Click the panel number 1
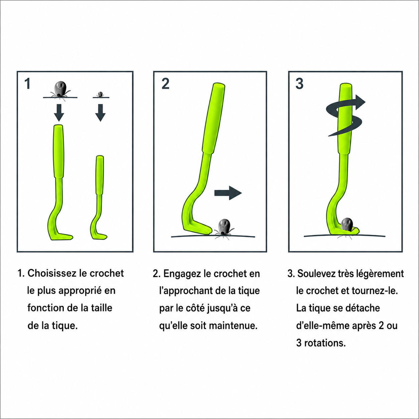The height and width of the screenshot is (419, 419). tap(27, 84)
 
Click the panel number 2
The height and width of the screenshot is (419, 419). tap(165, 84)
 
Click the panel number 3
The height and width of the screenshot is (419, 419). tap(299, 84)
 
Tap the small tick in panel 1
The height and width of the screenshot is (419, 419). tap(100, 95)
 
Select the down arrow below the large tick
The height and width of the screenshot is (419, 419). tap(59, 113)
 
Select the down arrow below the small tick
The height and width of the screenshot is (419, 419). tap(100, 113)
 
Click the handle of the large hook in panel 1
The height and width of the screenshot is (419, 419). tap(58, 151)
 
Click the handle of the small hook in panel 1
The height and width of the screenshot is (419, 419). tap(100, 175)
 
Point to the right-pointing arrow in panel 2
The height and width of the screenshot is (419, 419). tap(228, 193)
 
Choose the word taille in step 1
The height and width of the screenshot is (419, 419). tap(102, 308)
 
